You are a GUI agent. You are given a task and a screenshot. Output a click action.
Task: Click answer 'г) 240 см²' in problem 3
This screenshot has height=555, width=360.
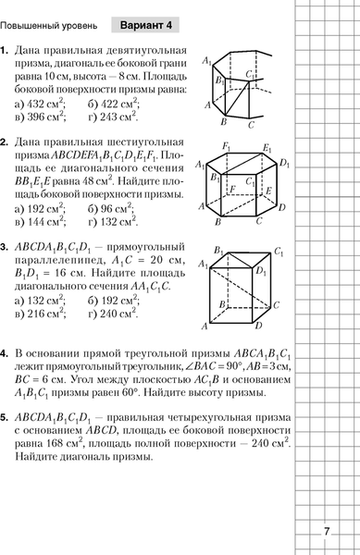pyautogui.click(x=114, y=314)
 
